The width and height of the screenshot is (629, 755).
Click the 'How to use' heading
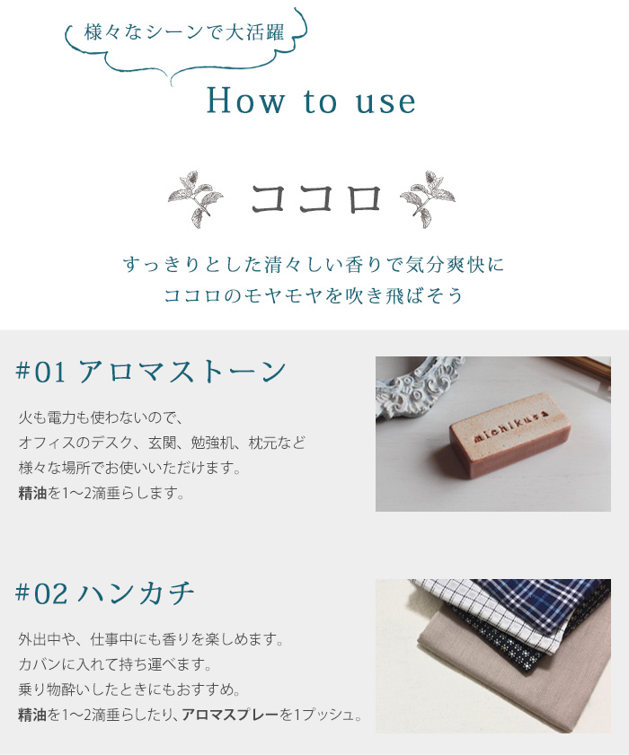tap(311, 101)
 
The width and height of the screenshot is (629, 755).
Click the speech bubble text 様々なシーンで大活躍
tap(184, 33)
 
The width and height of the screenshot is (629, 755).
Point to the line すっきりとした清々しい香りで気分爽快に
tap(314, 265)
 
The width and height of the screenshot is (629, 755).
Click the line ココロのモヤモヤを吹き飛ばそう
tap(314, 295)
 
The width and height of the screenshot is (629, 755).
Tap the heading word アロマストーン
tap(183, 372)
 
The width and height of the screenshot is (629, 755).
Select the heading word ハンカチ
tap(137, 593)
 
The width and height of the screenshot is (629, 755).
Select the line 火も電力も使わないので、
tap(101, 417)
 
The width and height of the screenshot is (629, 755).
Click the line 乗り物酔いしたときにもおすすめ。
tap(128, 690)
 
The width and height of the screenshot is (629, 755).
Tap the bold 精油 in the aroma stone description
tap(33, 493)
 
